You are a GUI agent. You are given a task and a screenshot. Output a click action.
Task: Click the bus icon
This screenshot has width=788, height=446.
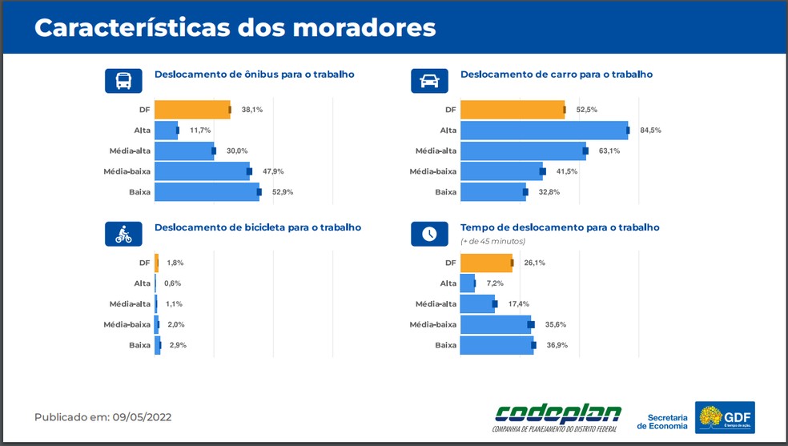[123, 81]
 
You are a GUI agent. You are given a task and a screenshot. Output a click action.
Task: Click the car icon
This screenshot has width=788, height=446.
[429, 81]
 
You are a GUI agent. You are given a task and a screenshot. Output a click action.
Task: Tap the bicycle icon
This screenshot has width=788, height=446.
[123, 234]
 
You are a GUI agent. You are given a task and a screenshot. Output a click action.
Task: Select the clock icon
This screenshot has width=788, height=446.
[429, 234]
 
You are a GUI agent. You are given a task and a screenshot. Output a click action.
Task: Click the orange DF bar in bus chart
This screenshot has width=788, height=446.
[192, 110]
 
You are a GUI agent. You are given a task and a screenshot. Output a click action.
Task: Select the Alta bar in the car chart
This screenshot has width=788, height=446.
[544, 131]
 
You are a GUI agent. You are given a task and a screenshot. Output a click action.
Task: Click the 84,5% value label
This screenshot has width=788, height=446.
[650, 131]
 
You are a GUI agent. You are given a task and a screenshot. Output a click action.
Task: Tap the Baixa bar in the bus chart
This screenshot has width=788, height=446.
[207, 192]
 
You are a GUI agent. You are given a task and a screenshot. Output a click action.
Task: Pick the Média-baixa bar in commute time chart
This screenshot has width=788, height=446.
[496, 324]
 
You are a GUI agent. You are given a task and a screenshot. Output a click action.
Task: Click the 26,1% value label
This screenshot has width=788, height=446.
[534, 263]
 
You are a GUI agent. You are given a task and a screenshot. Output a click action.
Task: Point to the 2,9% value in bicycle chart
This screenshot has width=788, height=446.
[178, 345]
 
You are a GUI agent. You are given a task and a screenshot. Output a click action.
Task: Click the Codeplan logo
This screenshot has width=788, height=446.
[558, 417]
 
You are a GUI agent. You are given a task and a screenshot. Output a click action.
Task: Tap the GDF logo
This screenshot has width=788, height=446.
[725, 417]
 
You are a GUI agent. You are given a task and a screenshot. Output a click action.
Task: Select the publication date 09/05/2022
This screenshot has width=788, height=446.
[142, 417]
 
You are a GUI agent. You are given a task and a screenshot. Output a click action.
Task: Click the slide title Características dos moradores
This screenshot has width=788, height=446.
[235, 27]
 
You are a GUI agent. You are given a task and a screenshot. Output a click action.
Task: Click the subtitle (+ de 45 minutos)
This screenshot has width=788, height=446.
[492, 241]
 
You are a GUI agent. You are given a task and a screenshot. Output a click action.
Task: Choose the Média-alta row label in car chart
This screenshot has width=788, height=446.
[436, 151]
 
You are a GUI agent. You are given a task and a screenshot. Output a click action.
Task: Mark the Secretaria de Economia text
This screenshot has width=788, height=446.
[662, 421]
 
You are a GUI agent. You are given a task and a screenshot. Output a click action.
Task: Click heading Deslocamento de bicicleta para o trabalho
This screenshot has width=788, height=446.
[257, 227]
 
